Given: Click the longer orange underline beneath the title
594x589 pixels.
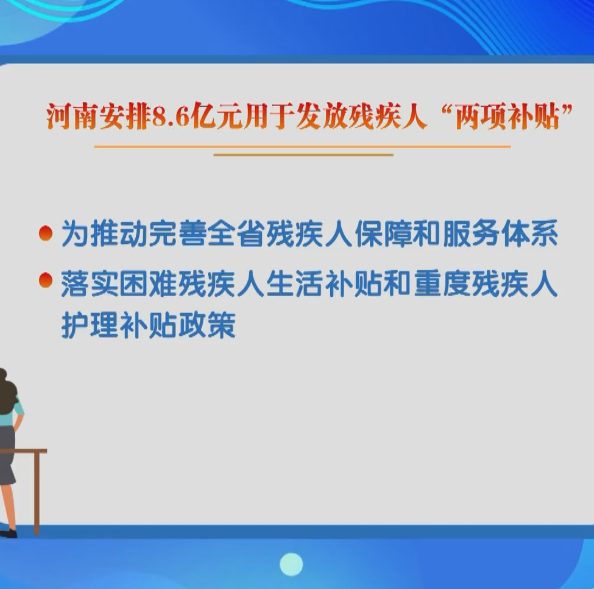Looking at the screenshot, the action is pos(303,147).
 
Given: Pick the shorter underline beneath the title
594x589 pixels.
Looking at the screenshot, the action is pos(304,155).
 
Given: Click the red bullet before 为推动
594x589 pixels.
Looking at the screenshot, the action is pos(46,233).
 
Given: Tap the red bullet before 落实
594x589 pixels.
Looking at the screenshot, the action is pos(46,280).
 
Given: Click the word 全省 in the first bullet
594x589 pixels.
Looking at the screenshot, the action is pos(237,233).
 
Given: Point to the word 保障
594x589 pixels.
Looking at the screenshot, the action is pos(384,233).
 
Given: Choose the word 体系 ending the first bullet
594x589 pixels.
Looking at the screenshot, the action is pos(530,233).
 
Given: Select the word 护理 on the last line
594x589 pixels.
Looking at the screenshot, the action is pos(90,325).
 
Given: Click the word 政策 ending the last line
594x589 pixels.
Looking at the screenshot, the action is pos(207,325).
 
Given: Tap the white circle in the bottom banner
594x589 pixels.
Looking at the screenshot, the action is pos(291,564).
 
